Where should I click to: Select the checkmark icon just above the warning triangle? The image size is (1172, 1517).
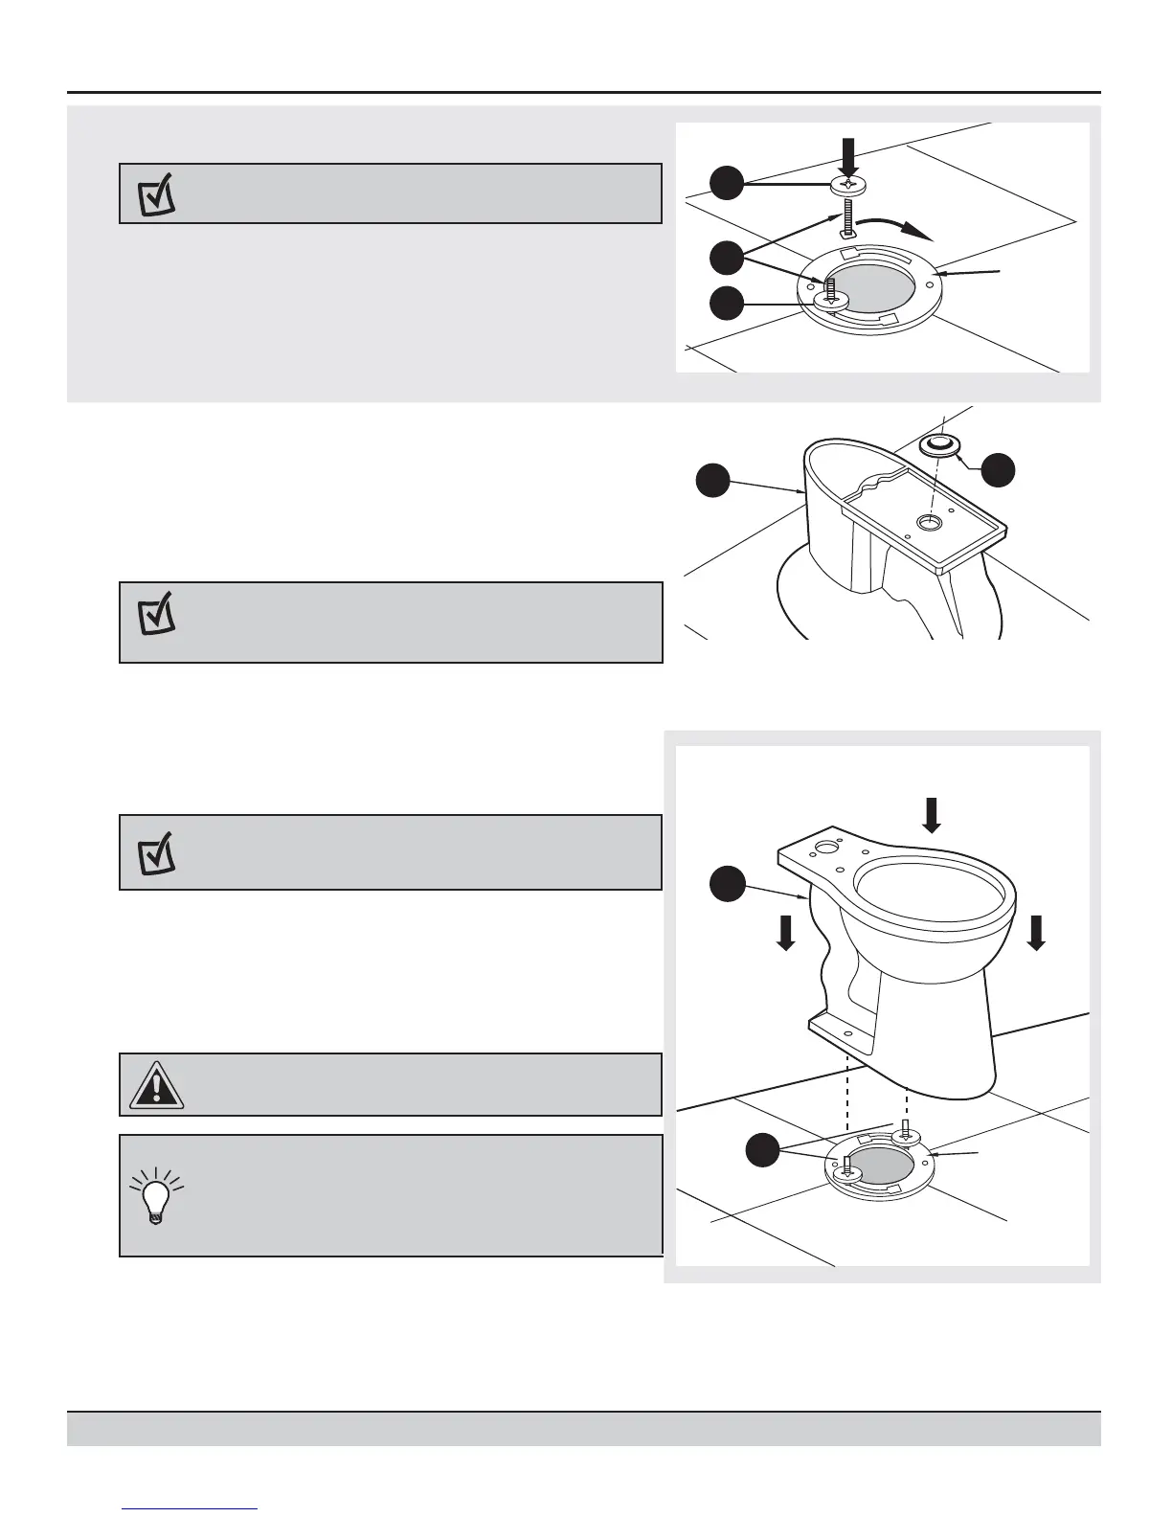click(x=156, y=852)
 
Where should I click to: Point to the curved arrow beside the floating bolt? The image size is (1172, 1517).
click(x=894, y=227)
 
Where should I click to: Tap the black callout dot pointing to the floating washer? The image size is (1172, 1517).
click(x=727, y=183)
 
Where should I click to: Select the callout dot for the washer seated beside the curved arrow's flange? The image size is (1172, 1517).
click(x=727, y=304)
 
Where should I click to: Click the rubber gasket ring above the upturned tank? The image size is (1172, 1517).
click(x=938, y=444)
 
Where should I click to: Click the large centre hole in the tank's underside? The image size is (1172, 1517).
click(x=928, y=522)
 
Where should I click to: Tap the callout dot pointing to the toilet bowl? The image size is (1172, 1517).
click(x=727, y=883)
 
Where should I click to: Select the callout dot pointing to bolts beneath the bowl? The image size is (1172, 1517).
click(x=762, y=1149)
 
